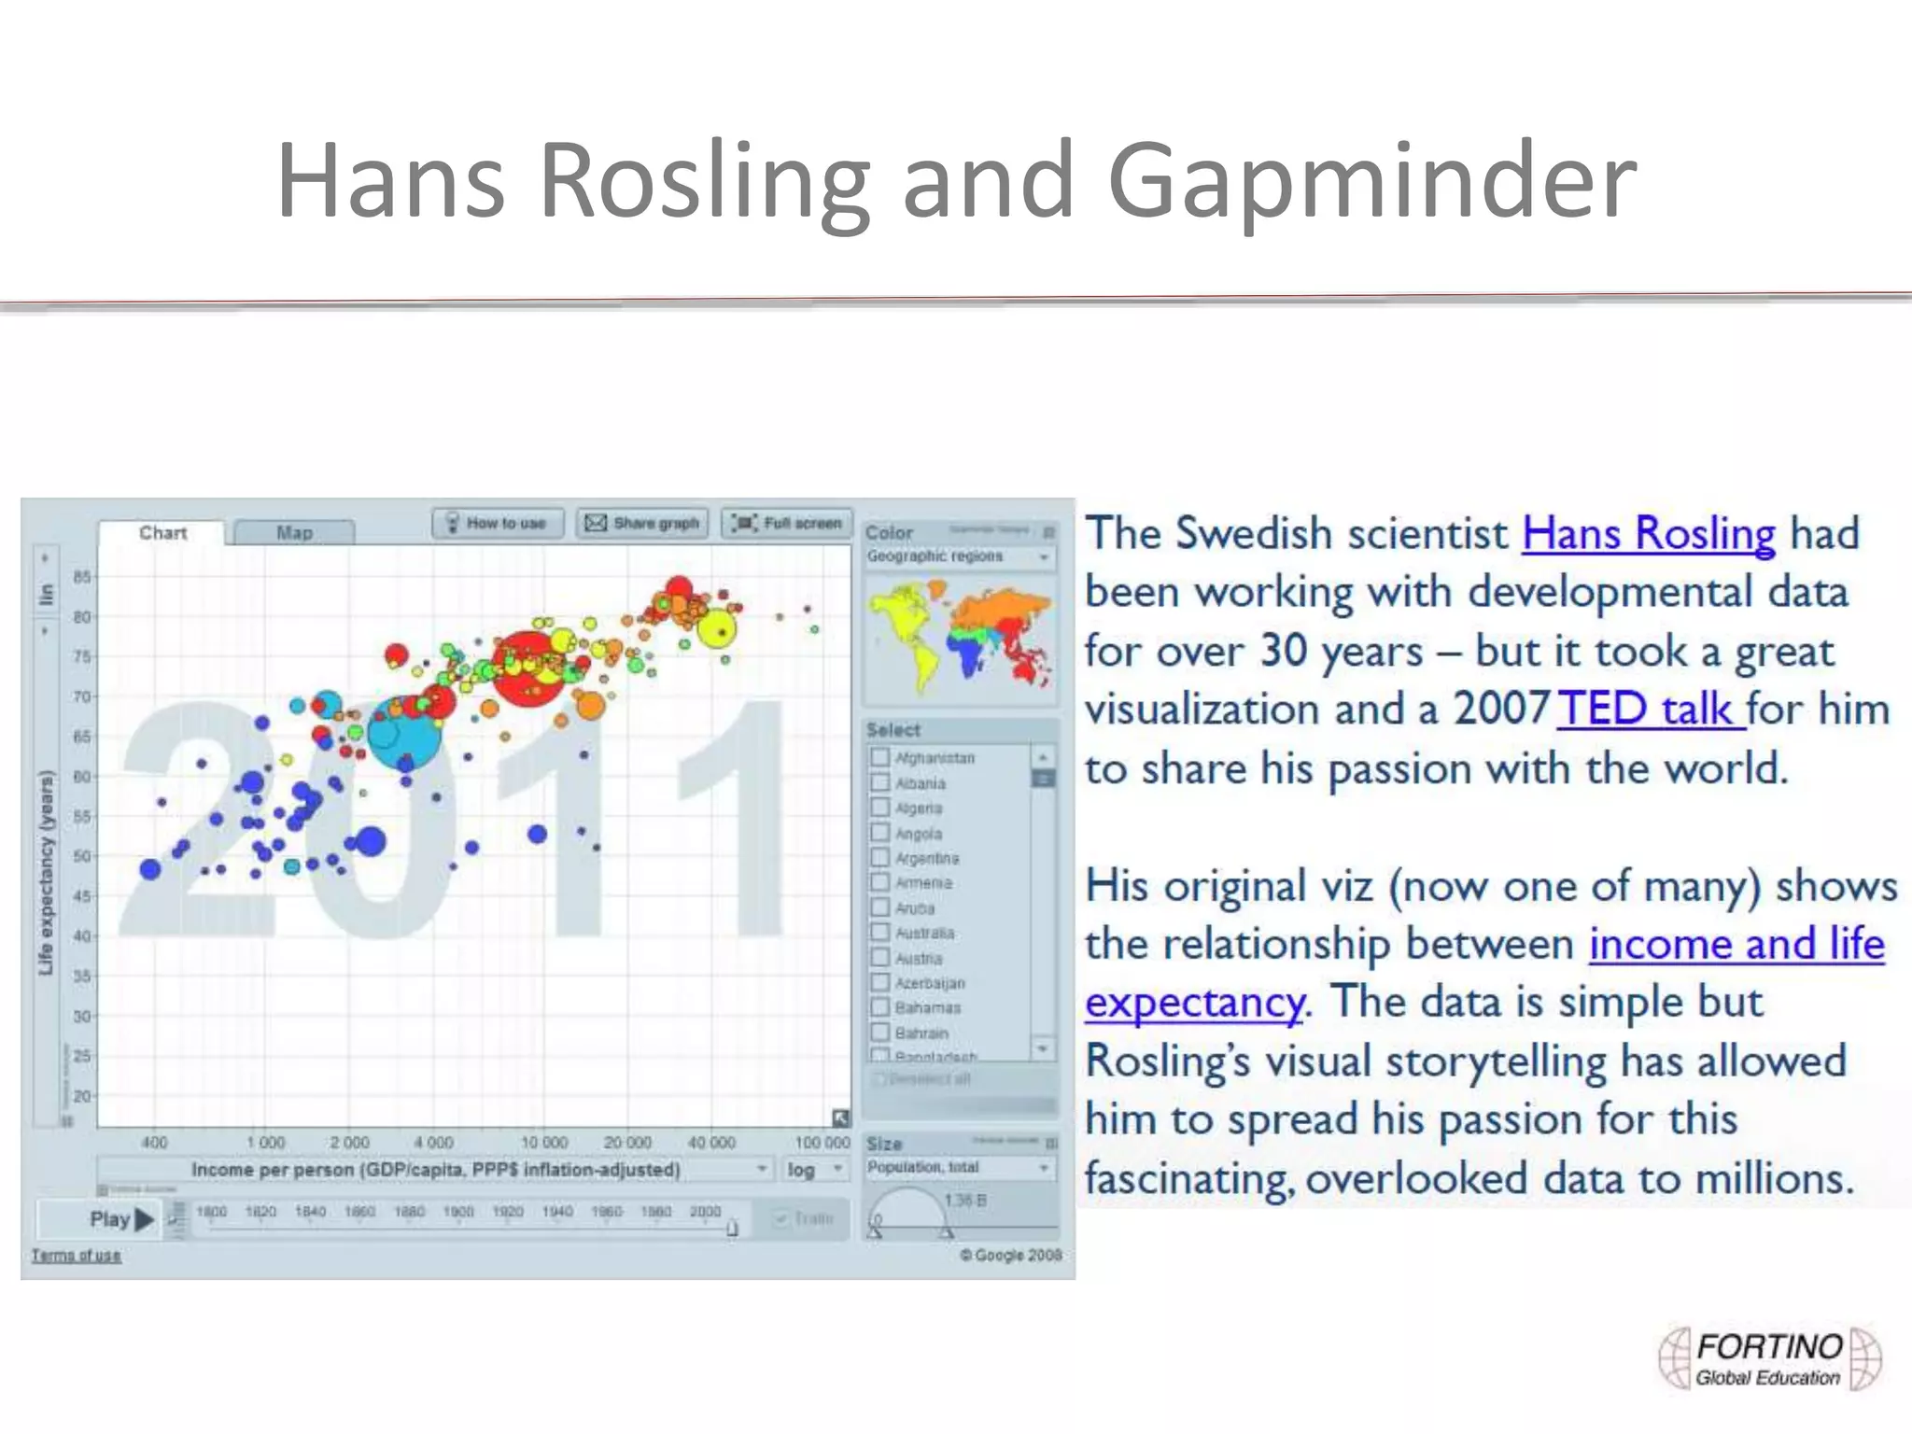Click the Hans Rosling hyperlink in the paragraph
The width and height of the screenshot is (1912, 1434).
point(1648,535)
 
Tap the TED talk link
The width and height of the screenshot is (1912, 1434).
point(1650,710)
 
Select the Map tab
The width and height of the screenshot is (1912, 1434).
point(294,532)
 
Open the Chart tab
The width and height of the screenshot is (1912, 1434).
point(162,532)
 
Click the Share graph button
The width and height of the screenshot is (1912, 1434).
point(642,523)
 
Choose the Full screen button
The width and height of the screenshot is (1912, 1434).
point(788,523)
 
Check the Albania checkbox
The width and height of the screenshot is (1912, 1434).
point(879,782)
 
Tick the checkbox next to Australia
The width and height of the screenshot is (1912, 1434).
point(879,932)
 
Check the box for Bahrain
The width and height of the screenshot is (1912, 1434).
point(879,1032)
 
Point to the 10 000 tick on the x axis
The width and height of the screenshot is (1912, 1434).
point(543,1142)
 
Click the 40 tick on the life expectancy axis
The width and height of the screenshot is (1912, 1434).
point(82,935)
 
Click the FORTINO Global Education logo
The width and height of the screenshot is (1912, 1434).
point(1768,1359)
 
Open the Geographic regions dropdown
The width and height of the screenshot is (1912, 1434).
point(959,556)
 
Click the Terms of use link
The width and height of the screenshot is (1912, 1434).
point(77,1256)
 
